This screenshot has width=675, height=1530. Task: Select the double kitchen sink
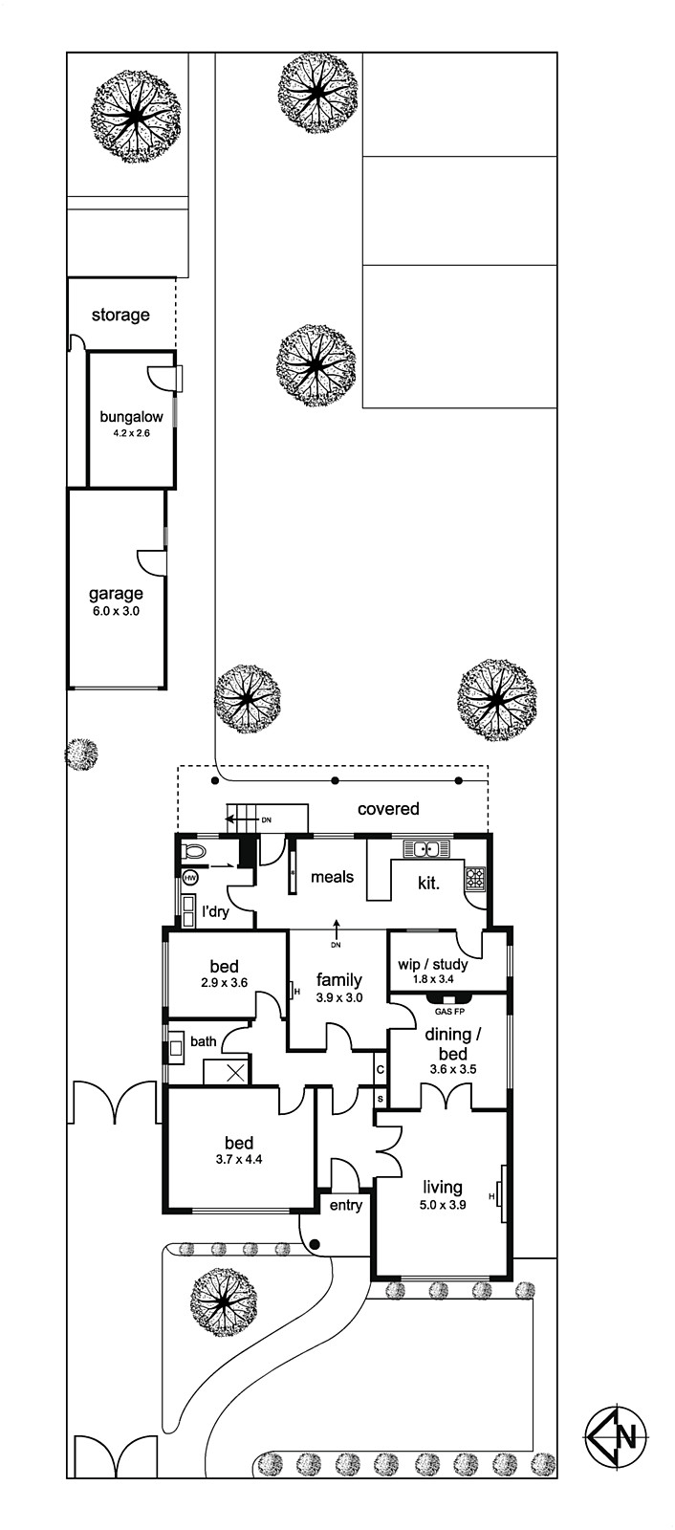point(426,847)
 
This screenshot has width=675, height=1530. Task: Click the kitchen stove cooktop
point(475,878)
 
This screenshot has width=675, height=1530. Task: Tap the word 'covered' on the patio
point(388,809)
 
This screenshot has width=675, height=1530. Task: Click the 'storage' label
point(120,315)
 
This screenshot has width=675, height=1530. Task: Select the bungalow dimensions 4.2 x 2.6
point(131,432)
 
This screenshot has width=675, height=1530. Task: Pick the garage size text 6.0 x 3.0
point(116,611)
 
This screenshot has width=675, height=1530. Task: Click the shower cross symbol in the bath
point(236,1072)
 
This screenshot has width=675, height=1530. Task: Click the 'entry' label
point(346,1206)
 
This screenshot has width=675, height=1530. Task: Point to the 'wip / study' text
point(433,964)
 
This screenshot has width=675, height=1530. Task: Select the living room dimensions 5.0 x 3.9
point(443,1205)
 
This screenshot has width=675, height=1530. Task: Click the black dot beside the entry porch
point(315,1243)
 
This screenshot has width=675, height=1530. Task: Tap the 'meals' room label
point(332,876)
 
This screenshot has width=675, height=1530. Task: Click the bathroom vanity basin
point(175,1044)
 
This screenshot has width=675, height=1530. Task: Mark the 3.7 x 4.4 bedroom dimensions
point(239,1158)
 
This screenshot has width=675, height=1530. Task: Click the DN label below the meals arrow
point(336,946)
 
